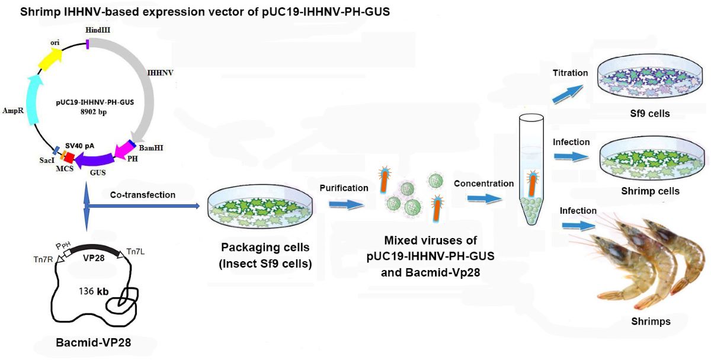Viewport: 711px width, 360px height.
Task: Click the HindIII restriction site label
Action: (x=88, y=30)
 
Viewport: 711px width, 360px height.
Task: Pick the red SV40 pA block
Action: (x=68, y=157)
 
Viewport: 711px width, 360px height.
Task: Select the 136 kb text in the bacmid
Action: (x=95, y=291)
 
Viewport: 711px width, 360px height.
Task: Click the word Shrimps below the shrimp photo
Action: (x=651, y=322)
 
